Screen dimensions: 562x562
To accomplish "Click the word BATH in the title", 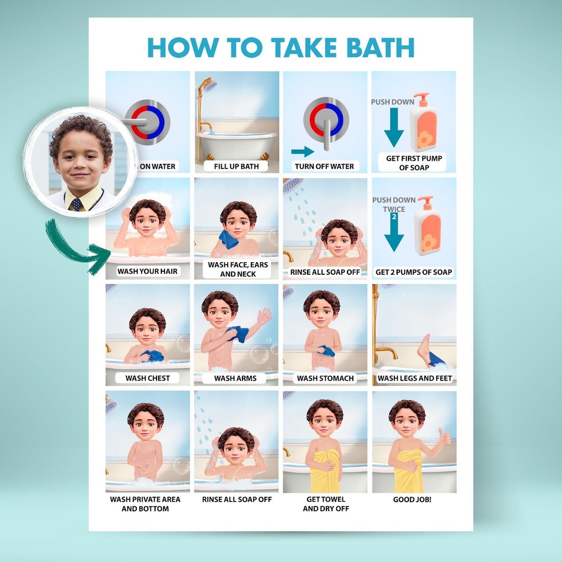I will pyautogui.click(x=375, y=47).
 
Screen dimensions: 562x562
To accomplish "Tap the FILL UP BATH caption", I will pyautogui.click(x=237, y=167).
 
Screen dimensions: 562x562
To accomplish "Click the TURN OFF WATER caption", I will pyautogui.click(x=324, y=167).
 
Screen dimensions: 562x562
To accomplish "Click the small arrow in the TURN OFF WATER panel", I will pyautogui.click(x=302, y=151).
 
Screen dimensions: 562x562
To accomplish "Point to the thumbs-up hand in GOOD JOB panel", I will pyautogui.click(x=444, y=437).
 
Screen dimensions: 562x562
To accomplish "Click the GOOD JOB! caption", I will pyautogui.click(x=412, y=500).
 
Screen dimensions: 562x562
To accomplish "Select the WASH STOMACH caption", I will pyautogui.click(x=325, y=378).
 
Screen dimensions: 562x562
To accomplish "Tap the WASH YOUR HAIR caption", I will pyautogui.click(x=147, y=271).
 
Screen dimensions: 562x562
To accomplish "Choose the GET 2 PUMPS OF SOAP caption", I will pyautogui.click(x=414, y=272).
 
